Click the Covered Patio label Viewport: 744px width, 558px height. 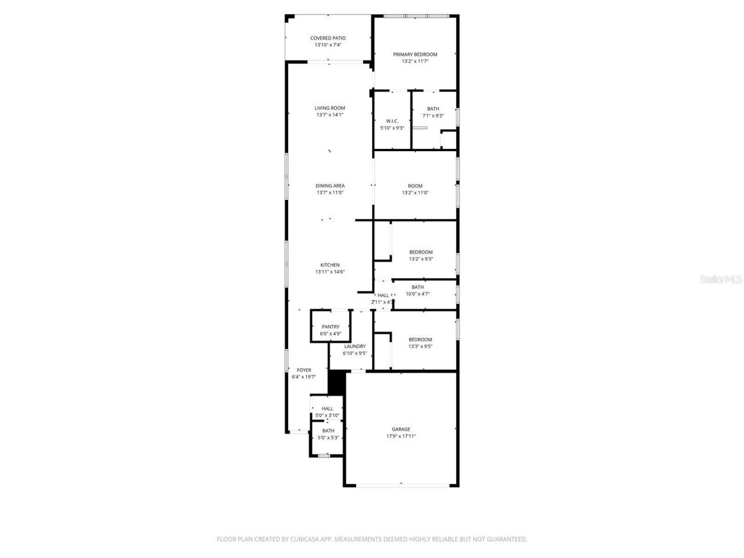click(x=328, y=38)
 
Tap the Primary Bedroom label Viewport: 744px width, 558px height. click(x=415, y=55)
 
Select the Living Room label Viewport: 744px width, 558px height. click(x=330, y=108)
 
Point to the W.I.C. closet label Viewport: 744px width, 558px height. click(x=392, y=121)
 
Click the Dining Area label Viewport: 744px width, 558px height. click(x=330, y=186)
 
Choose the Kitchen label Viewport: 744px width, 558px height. click(x=330, y=265)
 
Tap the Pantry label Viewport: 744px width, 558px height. click(x=330, y=327)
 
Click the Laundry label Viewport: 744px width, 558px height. click(x=355, y=346)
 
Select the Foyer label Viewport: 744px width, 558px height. click(x=303, y=370)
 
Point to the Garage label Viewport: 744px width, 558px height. click(x=401, y=430)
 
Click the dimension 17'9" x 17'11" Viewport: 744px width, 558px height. click(x=401, y=437)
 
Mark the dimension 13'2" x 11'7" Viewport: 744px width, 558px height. click(x=415, y=61)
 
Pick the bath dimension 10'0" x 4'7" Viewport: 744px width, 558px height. click(x=417, y=294)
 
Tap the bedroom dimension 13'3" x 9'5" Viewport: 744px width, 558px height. click(x=420, y=346)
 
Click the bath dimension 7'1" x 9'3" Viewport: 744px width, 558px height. click(x=433, y=116)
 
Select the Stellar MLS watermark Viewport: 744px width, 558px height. click(x=721, y=280)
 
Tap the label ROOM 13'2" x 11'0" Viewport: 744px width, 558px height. click(x=415, y=189)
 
